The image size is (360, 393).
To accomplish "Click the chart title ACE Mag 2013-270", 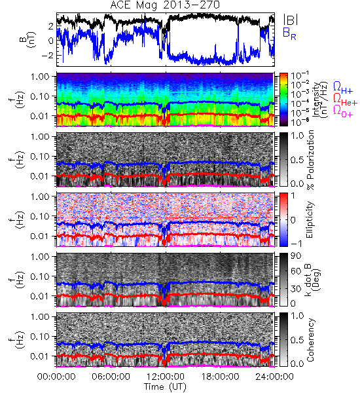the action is pos(165,5).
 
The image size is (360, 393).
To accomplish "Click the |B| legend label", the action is pos(291,20).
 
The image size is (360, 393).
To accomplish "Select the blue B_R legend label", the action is pos(289,33).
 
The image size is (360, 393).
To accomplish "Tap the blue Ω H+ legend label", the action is pos(343,88).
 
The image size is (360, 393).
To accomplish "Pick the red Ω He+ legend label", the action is pos(345,100).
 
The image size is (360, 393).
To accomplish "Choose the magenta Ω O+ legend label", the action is pos(343,111).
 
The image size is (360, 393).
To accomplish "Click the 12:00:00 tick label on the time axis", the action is pos(166,377).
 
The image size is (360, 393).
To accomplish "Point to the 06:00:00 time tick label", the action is pos(111,377).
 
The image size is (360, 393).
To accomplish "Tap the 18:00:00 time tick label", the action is pos(220,377).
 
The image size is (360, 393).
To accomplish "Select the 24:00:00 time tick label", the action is pos(274,377).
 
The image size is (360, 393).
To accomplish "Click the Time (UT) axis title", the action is pos(165,387).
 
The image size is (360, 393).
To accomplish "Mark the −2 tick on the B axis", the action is pos(47,55).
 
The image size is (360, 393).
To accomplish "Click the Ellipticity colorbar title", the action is pos(310,219).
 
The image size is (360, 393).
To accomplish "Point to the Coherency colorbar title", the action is pos(310,340).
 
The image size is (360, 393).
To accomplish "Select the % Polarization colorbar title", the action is pos(311,160).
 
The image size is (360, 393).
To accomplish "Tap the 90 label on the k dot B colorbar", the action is pos(296,256).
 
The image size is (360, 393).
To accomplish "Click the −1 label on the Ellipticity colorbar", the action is pos(295,244).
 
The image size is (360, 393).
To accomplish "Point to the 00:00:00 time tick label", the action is pos(56,377).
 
